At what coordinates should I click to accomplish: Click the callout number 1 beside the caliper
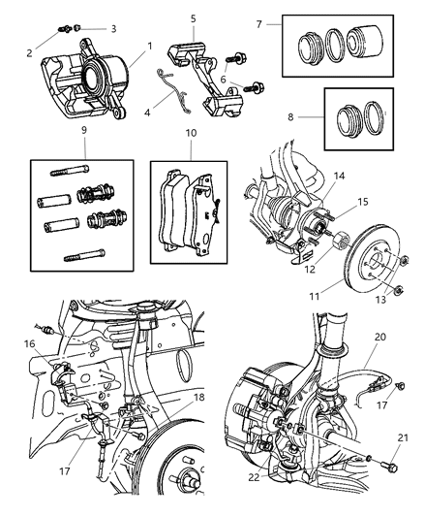pyautogui.click(x=148, y=46)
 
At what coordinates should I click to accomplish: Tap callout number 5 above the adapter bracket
pyautogui.click(x=192, y=18)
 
